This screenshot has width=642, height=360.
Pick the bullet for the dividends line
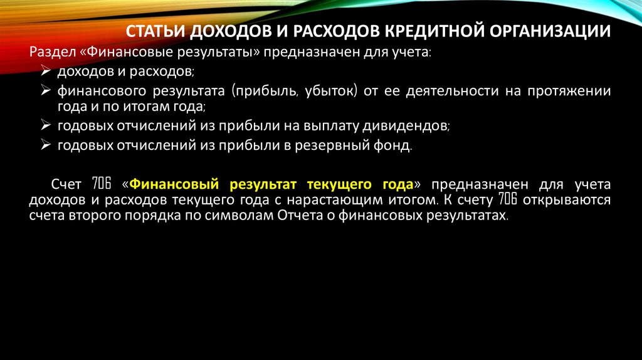pos(46,125)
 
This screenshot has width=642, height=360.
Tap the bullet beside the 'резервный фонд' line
pos(46,146)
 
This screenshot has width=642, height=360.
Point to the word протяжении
pos(574,91)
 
